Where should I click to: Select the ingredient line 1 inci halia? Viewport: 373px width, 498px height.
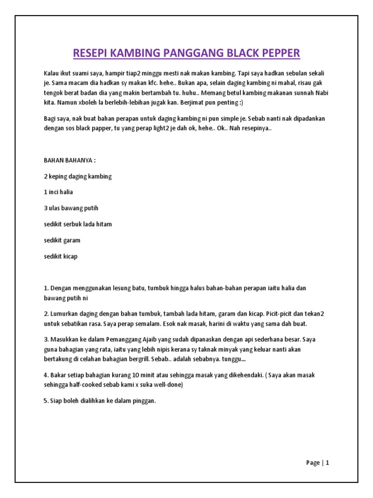pyautogui.click(x=58, y=192)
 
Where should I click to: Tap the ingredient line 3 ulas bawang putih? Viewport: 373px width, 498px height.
pyautogui.click(x=71, y=208)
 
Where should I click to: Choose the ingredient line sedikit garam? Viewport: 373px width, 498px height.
pyautogui.click(x=62, y=240)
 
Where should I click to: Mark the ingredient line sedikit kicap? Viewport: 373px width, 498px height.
pyautogui.click(x=61, y=256)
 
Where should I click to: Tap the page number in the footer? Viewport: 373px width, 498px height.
pyautogui.click(x=327, y=463)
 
